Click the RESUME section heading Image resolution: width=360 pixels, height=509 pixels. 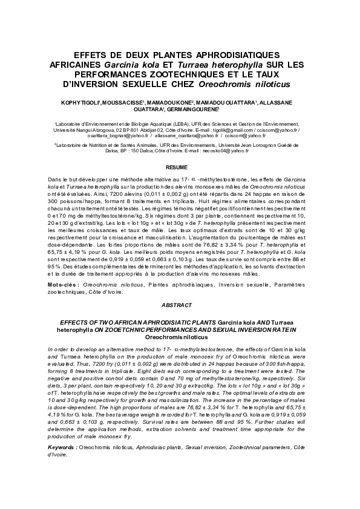pyautogui.click(x=180, y=167)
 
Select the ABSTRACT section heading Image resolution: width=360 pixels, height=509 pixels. pyautogui.click(x=180, y=306)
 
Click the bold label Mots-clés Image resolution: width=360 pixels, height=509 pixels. pyautogui.click(x=62, y=284)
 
